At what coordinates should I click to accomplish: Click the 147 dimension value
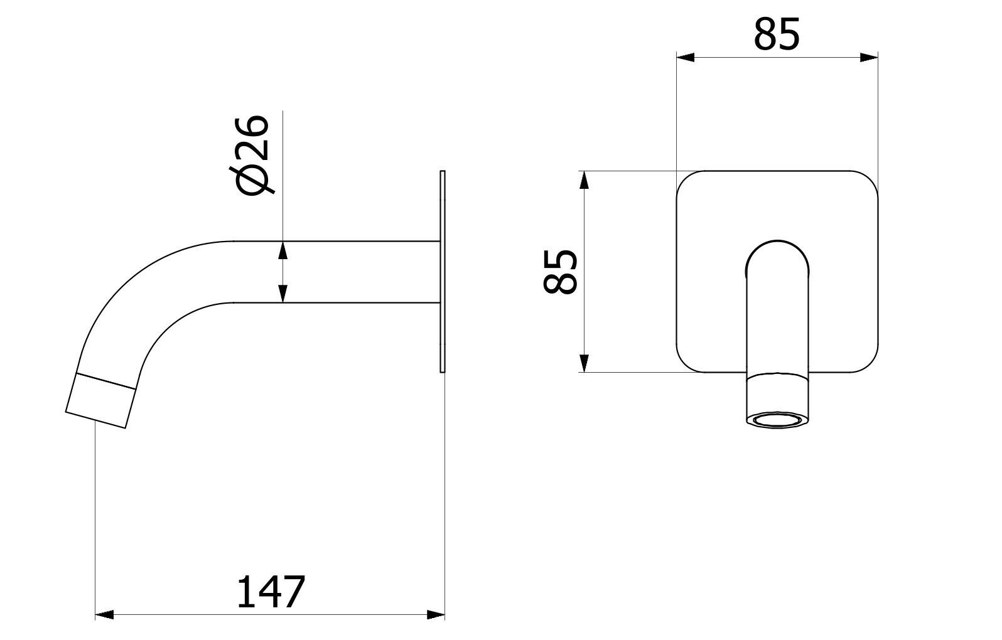pyautogui.click(x=271, y=592)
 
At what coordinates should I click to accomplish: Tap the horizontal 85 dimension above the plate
pyautogui.click(x=777, y=35)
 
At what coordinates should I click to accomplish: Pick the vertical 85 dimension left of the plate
pyautogui.click(x=561, y=272)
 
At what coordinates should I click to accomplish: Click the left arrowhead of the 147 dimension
pyautogui.click(x=104, y=615)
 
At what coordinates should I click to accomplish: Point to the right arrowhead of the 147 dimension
pyautogui.click(x=436, y=615)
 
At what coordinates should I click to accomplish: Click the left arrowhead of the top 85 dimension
pyautogui.click(x=686, y=57)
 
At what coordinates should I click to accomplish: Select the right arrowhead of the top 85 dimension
pyautogui.click(x=869, y=57)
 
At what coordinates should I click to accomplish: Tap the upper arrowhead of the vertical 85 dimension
pyautogui.click(x=584, y=180)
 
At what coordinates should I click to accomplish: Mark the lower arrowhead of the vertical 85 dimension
pyautogui.click(x=584, y=363)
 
